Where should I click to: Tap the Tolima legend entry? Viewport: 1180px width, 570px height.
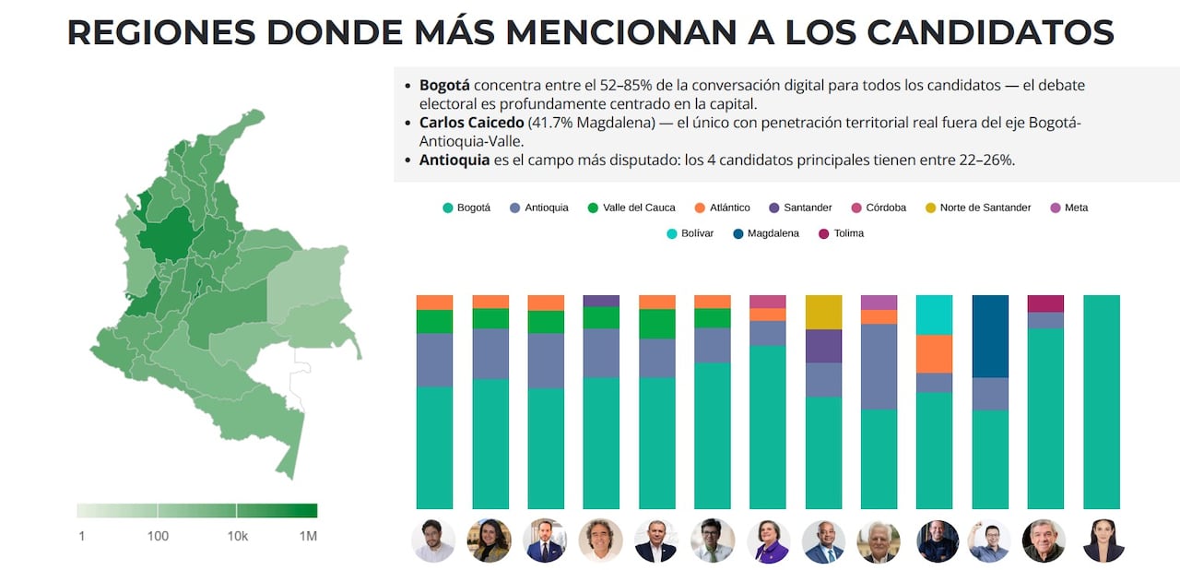click(x=841, y=233)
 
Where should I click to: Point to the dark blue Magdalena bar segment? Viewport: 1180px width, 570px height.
click(x=990, y=336)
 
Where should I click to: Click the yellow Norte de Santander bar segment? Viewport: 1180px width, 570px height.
click(x=823, y=312)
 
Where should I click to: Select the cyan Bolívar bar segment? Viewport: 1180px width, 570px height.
click(x=934, y=315)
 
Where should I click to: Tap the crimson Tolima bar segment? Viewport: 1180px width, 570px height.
click(x=1045, y=303)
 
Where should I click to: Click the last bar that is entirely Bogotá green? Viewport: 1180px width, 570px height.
click(x=1101, y=401)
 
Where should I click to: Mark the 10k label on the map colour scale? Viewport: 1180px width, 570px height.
click(x=237, y=536)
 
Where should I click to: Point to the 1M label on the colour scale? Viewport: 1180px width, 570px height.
click(x=307, y=536)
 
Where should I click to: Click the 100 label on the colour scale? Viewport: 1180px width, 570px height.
click(x=158, y=536)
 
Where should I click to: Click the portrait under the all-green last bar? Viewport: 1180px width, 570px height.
click(x=1103, y=541)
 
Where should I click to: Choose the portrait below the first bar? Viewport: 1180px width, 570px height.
click(x=433, y=541)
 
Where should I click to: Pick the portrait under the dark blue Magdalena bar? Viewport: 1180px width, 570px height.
click(x=989, y=541)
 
